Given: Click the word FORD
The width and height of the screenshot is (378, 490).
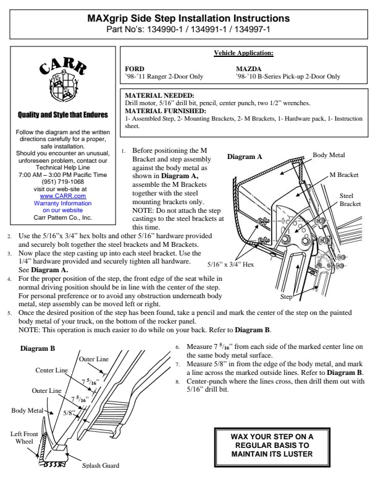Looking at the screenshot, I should [135, 69].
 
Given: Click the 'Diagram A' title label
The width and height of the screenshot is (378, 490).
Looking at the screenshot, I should [245, 157].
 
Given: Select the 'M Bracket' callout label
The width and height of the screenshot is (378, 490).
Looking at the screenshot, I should [343, 175].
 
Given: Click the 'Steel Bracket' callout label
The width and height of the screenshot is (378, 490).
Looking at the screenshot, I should [350, 199].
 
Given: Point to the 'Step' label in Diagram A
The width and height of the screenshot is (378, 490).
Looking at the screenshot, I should [287, 298].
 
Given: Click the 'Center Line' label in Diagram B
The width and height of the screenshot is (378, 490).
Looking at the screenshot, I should [52, 370].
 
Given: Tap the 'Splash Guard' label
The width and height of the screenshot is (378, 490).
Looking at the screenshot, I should [101, 465].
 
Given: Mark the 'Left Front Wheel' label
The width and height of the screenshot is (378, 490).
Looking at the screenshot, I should [24, 438].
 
